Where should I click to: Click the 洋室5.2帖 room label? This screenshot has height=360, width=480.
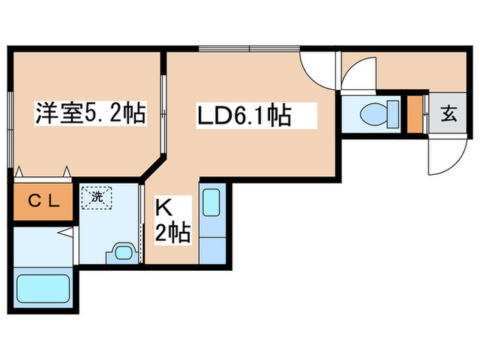click(91, 112)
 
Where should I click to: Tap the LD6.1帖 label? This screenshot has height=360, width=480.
click(244, 115)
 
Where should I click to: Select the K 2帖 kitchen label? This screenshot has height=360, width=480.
click(173, 220)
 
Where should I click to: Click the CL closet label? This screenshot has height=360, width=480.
click(43, 201)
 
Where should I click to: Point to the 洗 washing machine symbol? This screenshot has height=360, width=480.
click(97, 197)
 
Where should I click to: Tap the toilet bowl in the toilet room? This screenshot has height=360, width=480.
click(374, 115)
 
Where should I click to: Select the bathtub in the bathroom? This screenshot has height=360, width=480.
click(43, 289)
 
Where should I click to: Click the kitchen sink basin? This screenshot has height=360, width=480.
click(211, 203)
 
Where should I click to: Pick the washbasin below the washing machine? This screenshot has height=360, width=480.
click(123, 252)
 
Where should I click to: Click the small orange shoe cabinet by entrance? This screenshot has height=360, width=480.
click(415, 115)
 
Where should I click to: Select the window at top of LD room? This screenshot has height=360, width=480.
click(249, 49)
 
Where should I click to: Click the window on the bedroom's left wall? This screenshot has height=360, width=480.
click(11, 130)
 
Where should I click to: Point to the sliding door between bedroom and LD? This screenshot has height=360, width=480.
click(163, 114)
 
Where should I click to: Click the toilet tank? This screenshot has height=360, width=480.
click(393, 115)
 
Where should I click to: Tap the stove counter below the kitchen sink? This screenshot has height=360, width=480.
click(213, 250)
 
